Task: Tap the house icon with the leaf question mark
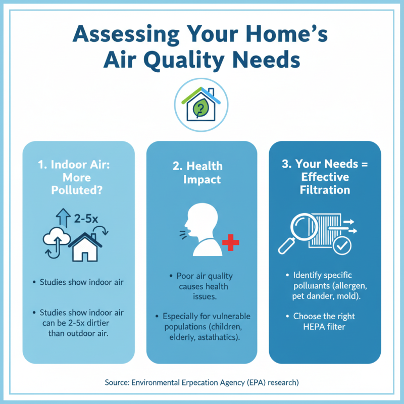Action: click(202, 103)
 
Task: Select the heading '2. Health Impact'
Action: click(202, 173)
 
